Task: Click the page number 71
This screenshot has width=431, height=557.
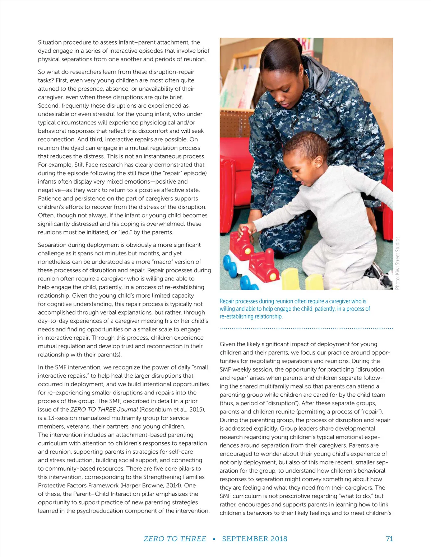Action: click(389, 538)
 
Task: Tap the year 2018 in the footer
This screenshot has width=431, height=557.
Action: click(279, 538)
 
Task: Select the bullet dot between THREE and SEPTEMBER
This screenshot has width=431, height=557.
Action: click(214, 539)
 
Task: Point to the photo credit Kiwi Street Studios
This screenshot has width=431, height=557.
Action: click(397, 263)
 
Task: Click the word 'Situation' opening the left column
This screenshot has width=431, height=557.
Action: click(50, 42)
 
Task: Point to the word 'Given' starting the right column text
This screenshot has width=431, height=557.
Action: click(227, 344)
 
